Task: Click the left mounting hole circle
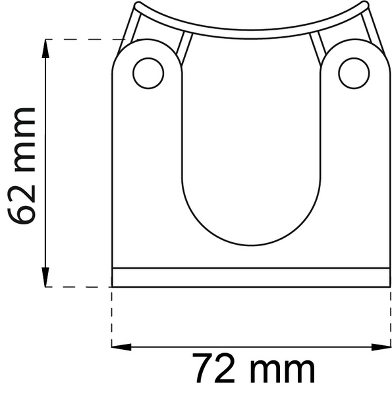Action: (148, 73)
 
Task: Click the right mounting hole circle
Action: (354, 73)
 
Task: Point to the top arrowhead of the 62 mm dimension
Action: (45, 46)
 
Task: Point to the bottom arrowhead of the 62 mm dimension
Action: (45, 280)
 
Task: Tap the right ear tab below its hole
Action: (354, 165)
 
